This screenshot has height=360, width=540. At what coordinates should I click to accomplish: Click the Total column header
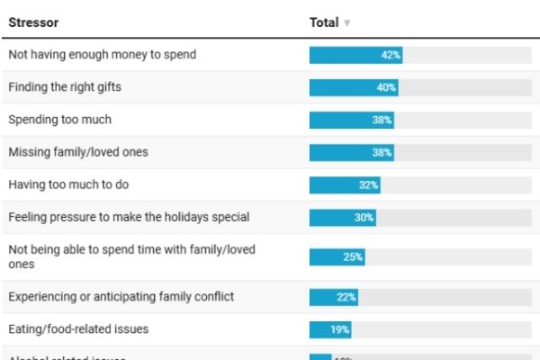tap(324, 22)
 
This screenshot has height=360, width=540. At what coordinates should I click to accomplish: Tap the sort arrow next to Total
tap(347, 23)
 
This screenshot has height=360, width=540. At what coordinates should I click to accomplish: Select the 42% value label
tap(391, 55)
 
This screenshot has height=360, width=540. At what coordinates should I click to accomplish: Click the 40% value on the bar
tap(386, 87)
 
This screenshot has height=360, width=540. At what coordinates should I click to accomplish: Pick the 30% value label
tap(364, 217)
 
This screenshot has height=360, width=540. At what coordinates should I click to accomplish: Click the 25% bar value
tap(352, 257)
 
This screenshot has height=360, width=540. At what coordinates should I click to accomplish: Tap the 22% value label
tap(346, 296)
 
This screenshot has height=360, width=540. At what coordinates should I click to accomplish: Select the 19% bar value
tap(339, 329)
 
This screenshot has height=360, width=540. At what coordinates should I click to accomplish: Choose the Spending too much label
tap(59, 120)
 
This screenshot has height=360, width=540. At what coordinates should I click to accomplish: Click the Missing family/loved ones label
tap(78, 152)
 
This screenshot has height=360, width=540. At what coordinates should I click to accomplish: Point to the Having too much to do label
tap(67, 184)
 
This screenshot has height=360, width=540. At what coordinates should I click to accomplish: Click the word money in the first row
tap(138, 55)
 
